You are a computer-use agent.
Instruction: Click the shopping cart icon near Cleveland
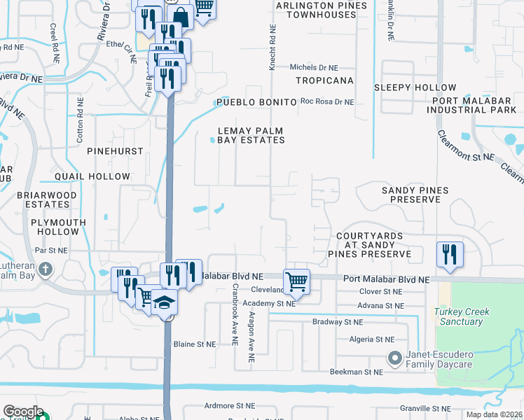(x=296, y=281)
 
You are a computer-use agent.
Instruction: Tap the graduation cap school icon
(x=165, y=302)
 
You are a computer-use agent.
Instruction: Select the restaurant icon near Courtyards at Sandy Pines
(x=450, y=254)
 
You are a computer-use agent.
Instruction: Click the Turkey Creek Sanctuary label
(x=458, y=316)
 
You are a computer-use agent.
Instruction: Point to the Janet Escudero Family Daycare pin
(x=394, y=358)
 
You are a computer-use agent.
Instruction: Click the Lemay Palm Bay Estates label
(x=251, y=135)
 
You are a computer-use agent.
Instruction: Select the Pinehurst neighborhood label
(x=115, y=151)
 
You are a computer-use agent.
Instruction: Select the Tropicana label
(x=324, y=80)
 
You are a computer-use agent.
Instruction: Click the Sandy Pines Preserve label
(x=411, y=195)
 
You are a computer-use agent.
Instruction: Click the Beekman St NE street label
(x=357, y=372)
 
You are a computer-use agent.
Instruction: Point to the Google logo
(x=22, y=412)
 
